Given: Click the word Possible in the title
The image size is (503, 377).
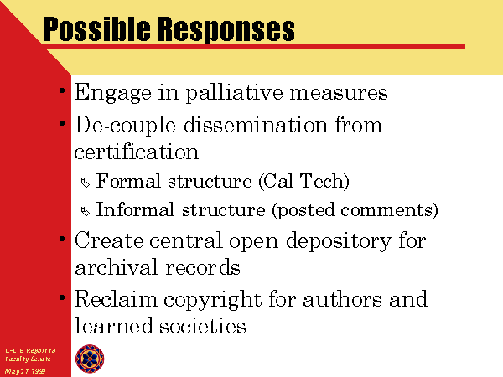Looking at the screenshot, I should pos(91,31).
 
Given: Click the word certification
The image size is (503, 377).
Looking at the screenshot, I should pos(136,152).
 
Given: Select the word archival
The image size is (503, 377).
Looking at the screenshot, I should pos(111,267).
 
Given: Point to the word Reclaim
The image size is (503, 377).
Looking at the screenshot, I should pos(111,299).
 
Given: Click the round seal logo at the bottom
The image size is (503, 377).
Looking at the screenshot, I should pos(91,359).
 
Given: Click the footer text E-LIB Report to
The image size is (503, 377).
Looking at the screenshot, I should pos(29,349).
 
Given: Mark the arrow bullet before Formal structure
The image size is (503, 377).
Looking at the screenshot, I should pos(84,183).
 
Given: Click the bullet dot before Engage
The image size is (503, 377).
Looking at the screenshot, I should pos(64,90).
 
